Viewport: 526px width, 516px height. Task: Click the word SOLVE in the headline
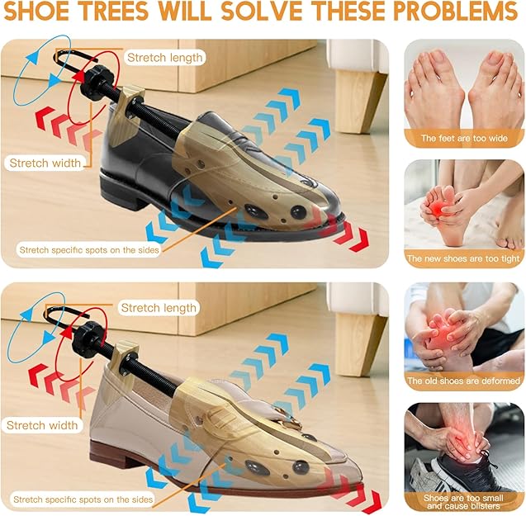click(x=253, y=14)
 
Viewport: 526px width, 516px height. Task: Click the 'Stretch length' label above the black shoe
click(x=164, y=58)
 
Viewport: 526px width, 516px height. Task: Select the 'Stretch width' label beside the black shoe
click(x=45, y=163)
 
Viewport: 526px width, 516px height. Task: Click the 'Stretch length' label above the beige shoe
click(x=159, y=308)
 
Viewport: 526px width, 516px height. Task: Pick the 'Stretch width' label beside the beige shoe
click(x=43, y=426)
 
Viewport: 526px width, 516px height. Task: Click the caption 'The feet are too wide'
click(x=464, y=139)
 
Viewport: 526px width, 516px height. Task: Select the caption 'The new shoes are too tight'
click(x=464, y=259)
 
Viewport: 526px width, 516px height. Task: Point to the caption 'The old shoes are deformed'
click(x=464, y=381)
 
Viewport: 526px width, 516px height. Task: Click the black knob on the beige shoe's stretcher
click(x=88, y=337)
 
